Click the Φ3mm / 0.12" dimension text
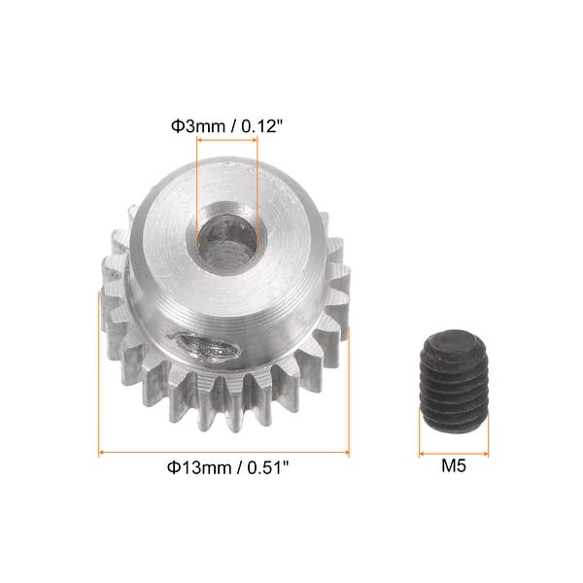tap(228, 125)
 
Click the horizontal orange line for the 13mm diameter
tap(223, 452)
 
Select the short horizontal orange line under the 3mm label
tap(227, 141)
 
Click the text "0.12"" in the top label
tap(262, 125)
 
